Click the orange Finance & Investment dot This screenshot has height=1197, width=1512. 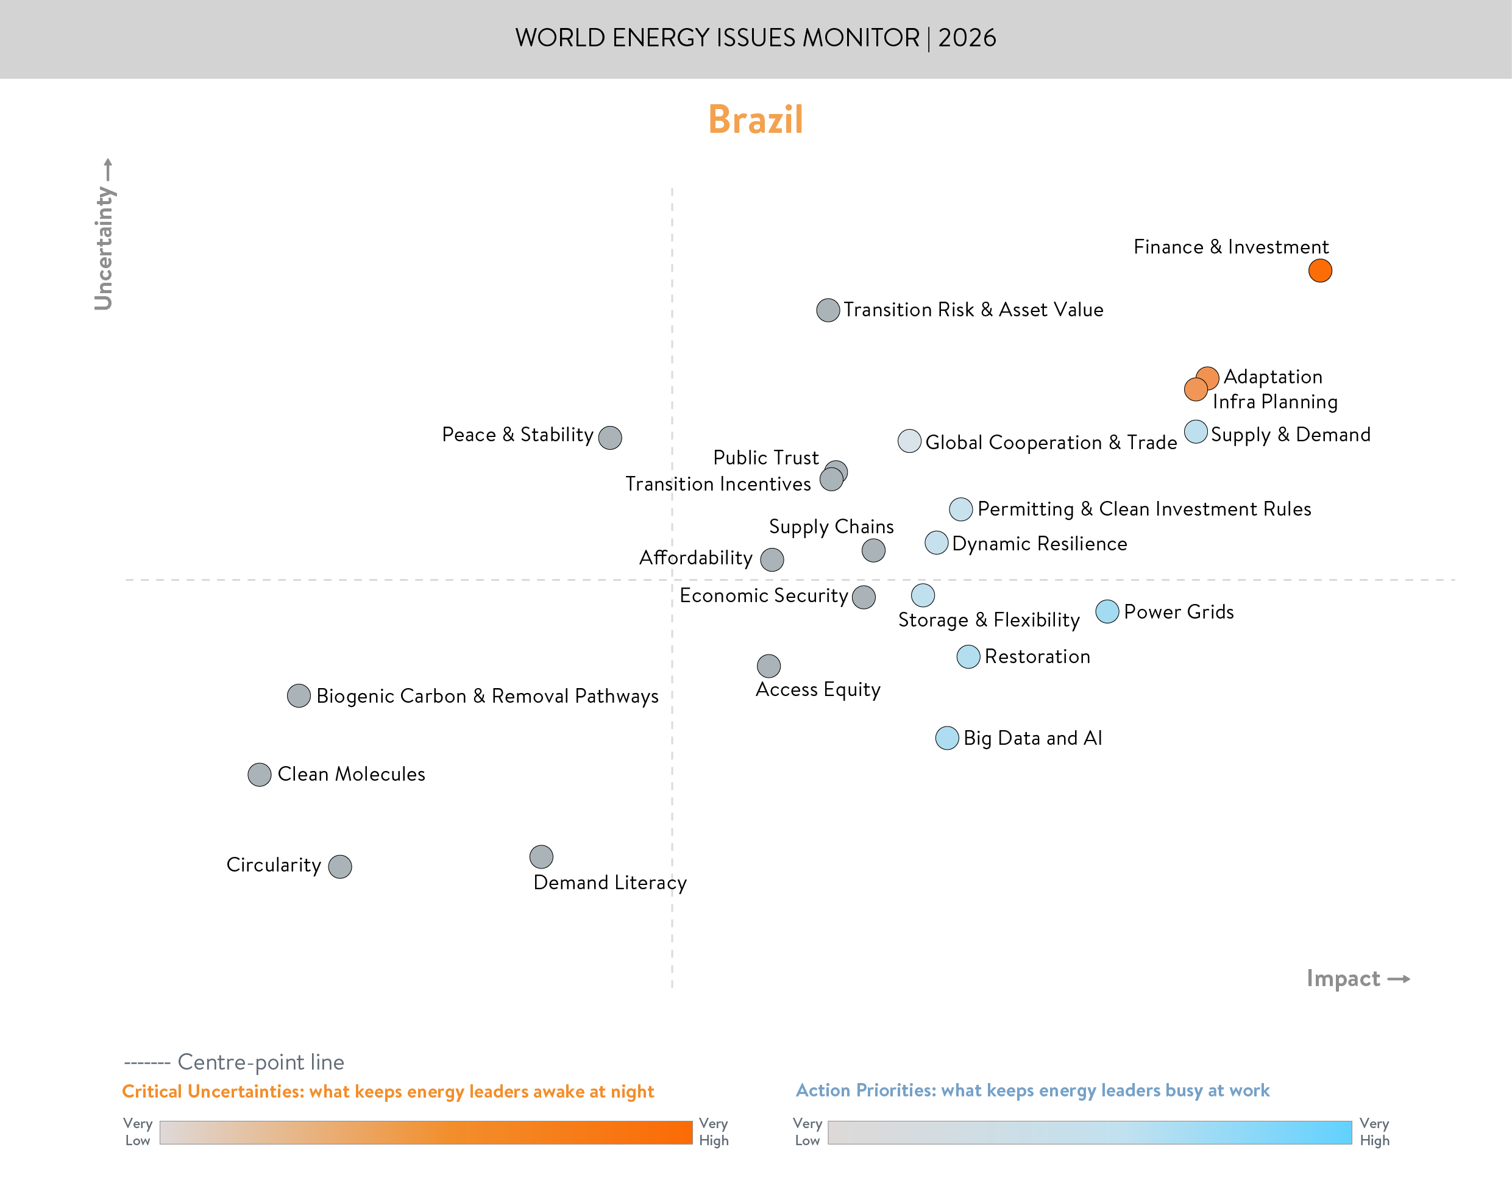(1319, 271)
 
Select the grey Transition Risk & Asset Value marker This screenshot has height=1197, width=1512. (828, 310)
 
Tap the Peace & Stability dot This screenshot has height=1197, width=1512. (609, 438)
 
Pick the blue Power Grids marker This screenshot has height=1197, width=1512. (1106, 611)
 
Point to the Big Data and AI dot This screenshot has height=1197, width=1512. (946, 738)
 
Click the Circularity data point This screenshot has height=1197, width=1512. (340, 866)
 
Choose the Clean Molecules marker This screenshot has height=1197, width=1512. (259, 775)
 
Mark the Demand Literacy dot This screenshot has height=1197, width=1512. (541, 856)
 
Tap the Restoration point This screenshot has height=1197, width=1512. (968, 656)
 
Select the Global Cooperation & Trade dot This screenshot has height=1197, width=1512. (909, 441)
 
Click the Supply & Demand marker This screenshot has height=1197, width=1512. (1195, 432)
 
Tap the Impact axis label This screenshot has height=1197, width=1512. (1343, 978)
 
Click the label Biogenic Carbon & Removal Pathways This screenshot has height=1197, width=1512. (487, 696)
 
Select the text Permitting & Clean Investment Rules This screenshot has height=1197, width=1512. (1143, 509)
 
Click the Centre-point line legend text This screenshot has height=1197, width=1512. (261, 1062)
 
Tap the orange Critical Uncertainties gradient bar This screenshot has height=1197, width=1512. (425, 1132)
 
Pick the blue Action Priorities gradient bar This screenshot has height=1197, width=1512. (1089, 1132)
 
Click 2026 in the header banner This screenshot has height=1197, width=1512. (967, 38)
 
